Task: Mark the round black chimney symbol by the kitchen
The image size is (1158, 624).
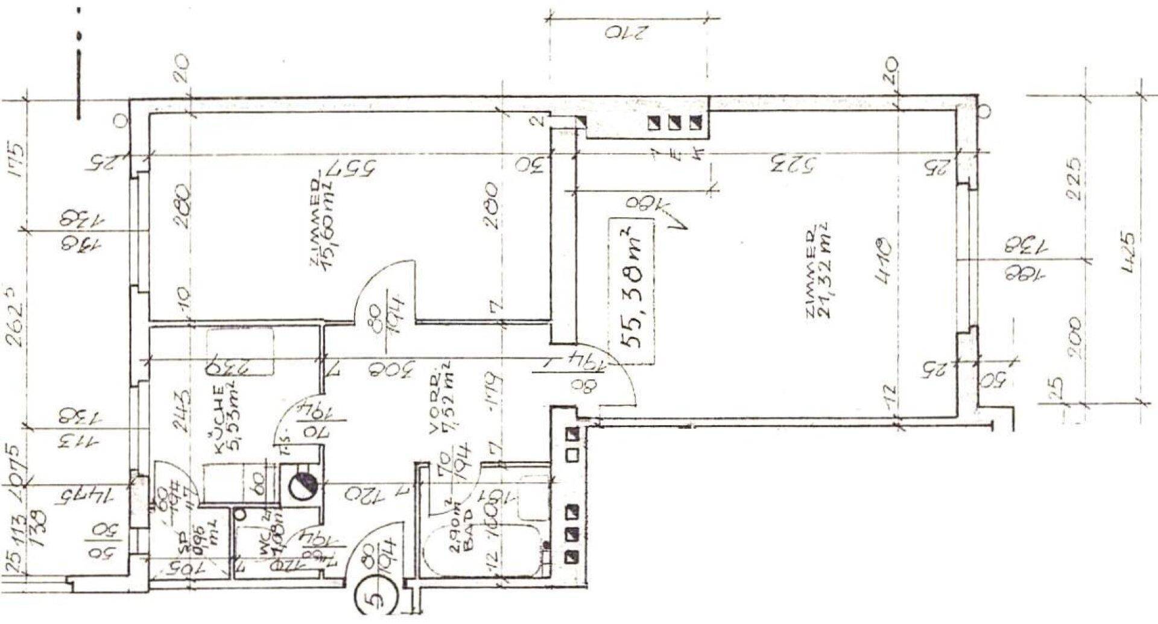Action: [x=302, y=484]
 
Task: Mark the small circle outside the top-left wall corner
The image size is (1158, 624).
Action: [x=122, y=122]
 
